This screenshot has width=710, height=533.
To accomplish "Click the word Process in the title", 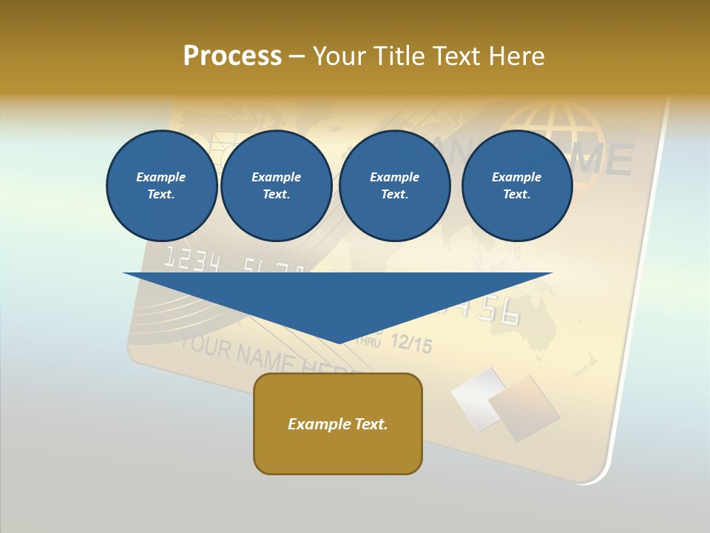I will pyautogui.click(x=232, y=56).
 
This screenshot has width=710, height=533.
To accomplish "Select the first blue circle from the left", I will pyautogui.click(x=161, y=186).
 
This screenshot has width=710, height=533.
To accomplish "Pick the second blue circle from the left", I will pyautogui.click(x=276, y=186).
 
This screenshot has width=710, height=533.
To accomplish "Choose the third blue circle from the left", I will pyautogui.click(x=394, y=186).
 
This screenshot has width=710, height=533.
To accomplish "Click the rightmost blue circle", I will pyautogui.click(x=516, y=186).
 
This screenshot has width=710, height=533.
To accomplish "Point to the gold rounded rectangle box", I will pyautogui.click(x=338, y=423).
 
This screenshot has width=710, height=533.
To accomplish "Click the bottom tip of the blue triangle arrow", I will pyautogui.click(x=339, y=341).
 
